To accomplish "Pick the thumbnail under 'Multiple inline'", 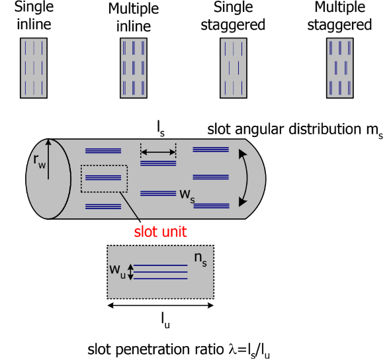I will click(x=134, y=68).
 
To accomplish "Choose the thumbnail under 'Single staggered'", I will click(x=234, y=68).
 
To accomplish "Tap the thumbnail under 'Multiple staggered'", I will click(x=341, y=68).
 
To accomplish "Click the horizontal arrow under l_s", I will click(x=159, y=154).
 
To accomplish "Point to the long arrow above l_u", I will click(x=160, y=306).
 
